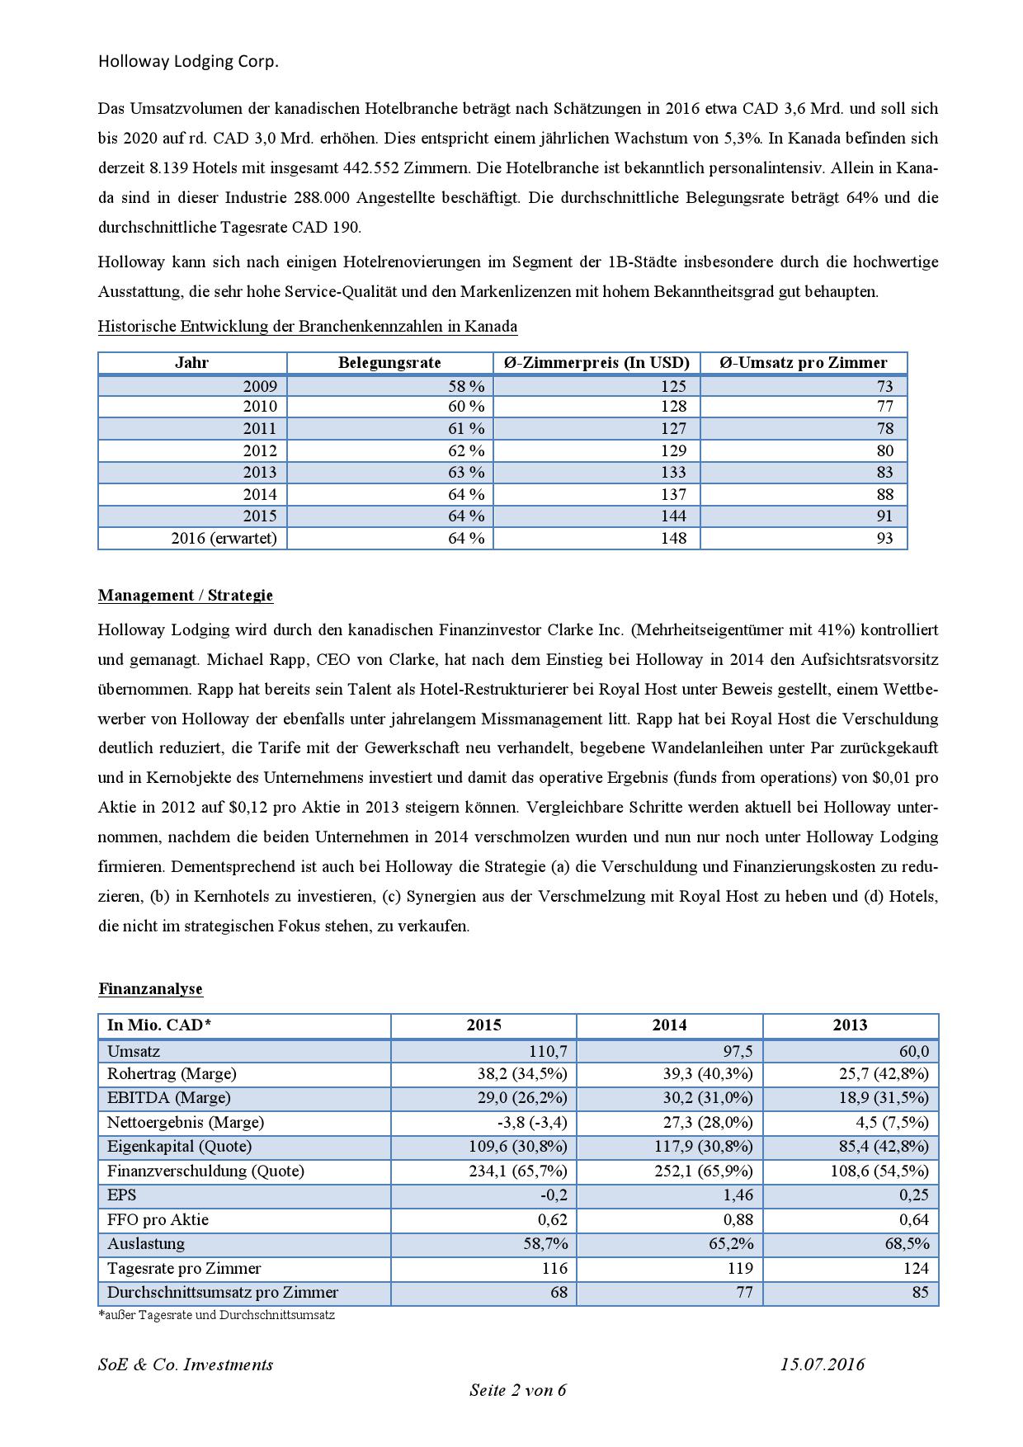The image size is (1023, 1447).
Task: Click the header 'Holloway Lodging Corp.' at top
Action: click(x=188, y=62)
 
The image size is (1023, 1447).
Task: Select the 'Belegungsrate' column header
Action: click(x=389, y=363)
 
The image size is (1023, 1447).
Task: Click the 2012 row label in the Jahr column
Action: click(x=260, y=450)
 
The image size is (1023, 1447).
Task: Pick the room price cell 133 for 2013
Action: click(x=673, y=472)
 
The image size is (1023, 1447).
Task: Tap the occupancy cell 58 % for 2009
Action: click(x=466, y=386)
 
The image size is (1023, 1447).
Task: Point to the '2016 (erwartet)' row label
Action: click(x=224, y=538)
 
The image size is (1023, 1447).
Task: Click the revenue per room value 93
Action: click(x=884, y=538)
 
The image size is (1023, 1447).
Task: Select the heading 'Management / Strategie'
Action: click(x=186, y=596)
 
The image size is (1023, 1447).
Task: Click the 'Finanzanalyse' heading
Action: click(x=150, y=988)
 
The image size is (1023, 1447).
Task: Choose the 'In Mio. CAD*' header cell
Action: click(x=159, y=1025)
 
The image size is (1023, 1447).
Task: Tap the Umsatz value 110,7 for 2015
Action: click(x=548, y=1051)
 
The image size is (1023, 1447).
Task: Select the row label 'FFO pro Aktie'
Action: click(x=158, y=1219)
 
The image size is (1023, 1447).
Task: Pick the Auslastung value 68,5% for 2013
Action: click(x=906, y=1243)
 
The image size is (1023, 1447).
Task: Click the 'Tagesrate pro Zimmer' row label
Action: click(x=184, y=1268)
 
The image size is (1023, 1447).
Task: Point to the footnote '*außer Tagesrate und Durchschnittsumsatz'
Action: click(x=216, y=1315)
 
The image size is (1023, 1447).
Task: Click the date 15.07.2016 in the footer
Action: click(x=823, y=1365)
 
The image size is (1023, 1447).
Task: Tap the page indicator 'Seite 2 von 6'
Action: click(x=517, y=1390)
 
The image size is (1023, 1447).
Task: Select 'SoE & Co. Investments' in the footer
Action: click(x=186, y=1365)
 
